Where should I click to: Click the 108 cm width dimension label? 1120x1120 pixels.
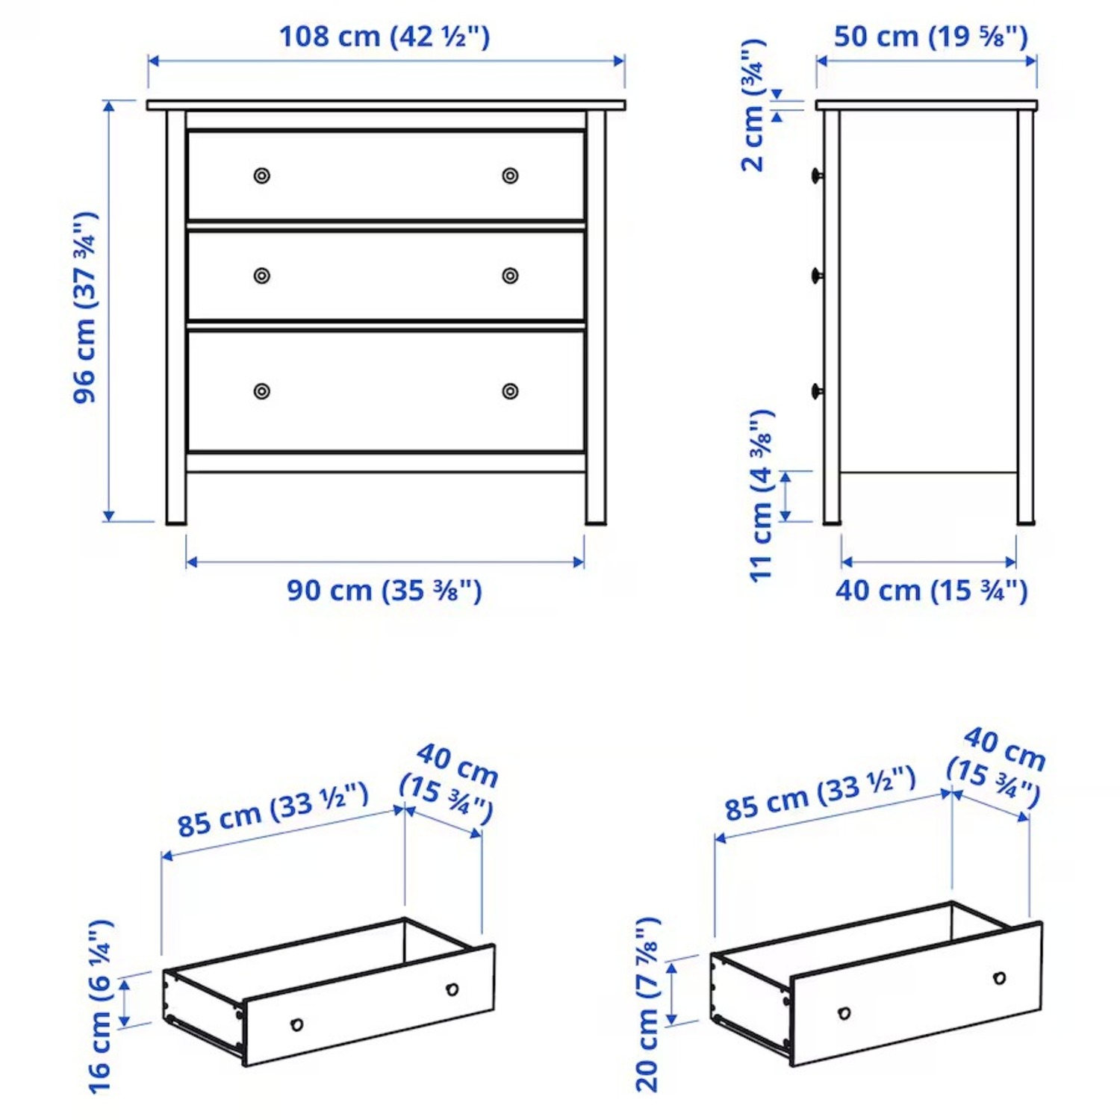pyautogui.click(x=385, y=36)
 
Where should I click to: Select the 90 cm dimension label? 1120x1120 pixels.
pyautogui.click(x=385, y=591)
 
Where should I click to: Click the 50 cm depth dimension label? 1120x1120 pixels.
pyautogui.click(x=930, y=36)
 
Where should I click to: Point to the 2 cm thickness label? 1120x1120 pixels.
pyautogui.click(x=753, y=105)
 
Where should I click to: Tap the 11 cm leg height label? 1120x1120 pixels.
pyautogui.click(x=762, y=496)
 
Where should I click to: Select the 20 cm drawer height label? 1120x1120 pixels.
pyautogui.click(x=647, y=1004)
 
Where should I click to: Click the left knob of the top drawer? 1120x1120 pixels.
pyautogui.click(x=262, y=175)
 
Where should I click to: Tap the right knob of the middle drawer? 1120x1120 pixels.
pyautogui.click(x=510, y=276)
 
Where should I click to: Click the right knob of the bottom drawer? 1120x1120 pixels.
pyautogui.click(x=510, y=391)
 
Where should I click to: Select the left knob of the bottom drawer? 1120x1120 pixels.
pyautogui.click(x=262, y=391)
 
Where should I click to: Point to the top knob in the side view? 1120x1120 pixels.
pyautogui.click(x=817, y=175)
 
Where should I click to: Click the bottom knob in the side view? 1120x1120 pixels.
pyautogui.click(x=817, y=391)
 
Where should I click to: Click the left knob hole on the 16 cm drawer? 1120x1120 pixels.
pyautogui.click(x=296, y=1024)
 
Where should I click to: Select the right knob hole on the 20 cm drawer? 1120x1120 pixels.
pyautogui.click(x=999, y=978)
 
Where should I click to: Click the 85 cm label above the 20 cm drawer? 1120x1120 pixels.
pyautogui.click(x=820, y=794)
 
